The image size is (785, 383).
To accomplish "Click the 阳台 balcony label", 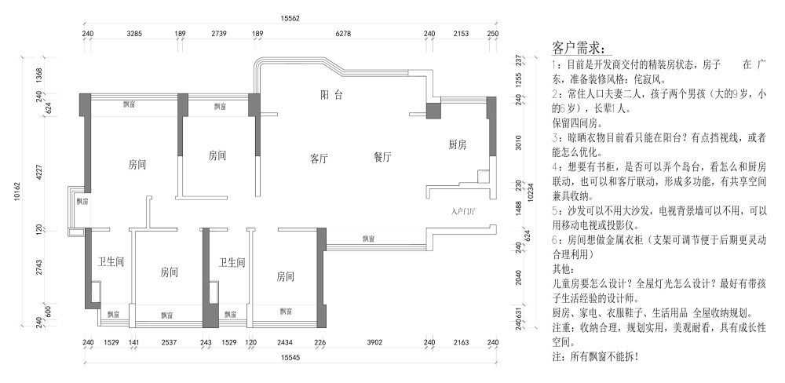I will coord(332,95).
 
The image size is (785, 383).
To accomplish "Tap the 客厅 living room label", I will coord(319,158).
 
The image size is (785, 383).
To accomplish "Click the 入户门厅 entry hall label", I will coord(464,211).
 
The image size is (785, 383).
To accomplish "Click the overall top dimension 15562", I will coord(291,18).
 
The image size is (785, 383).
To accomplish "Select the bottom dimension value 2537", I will coord(166,342).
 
